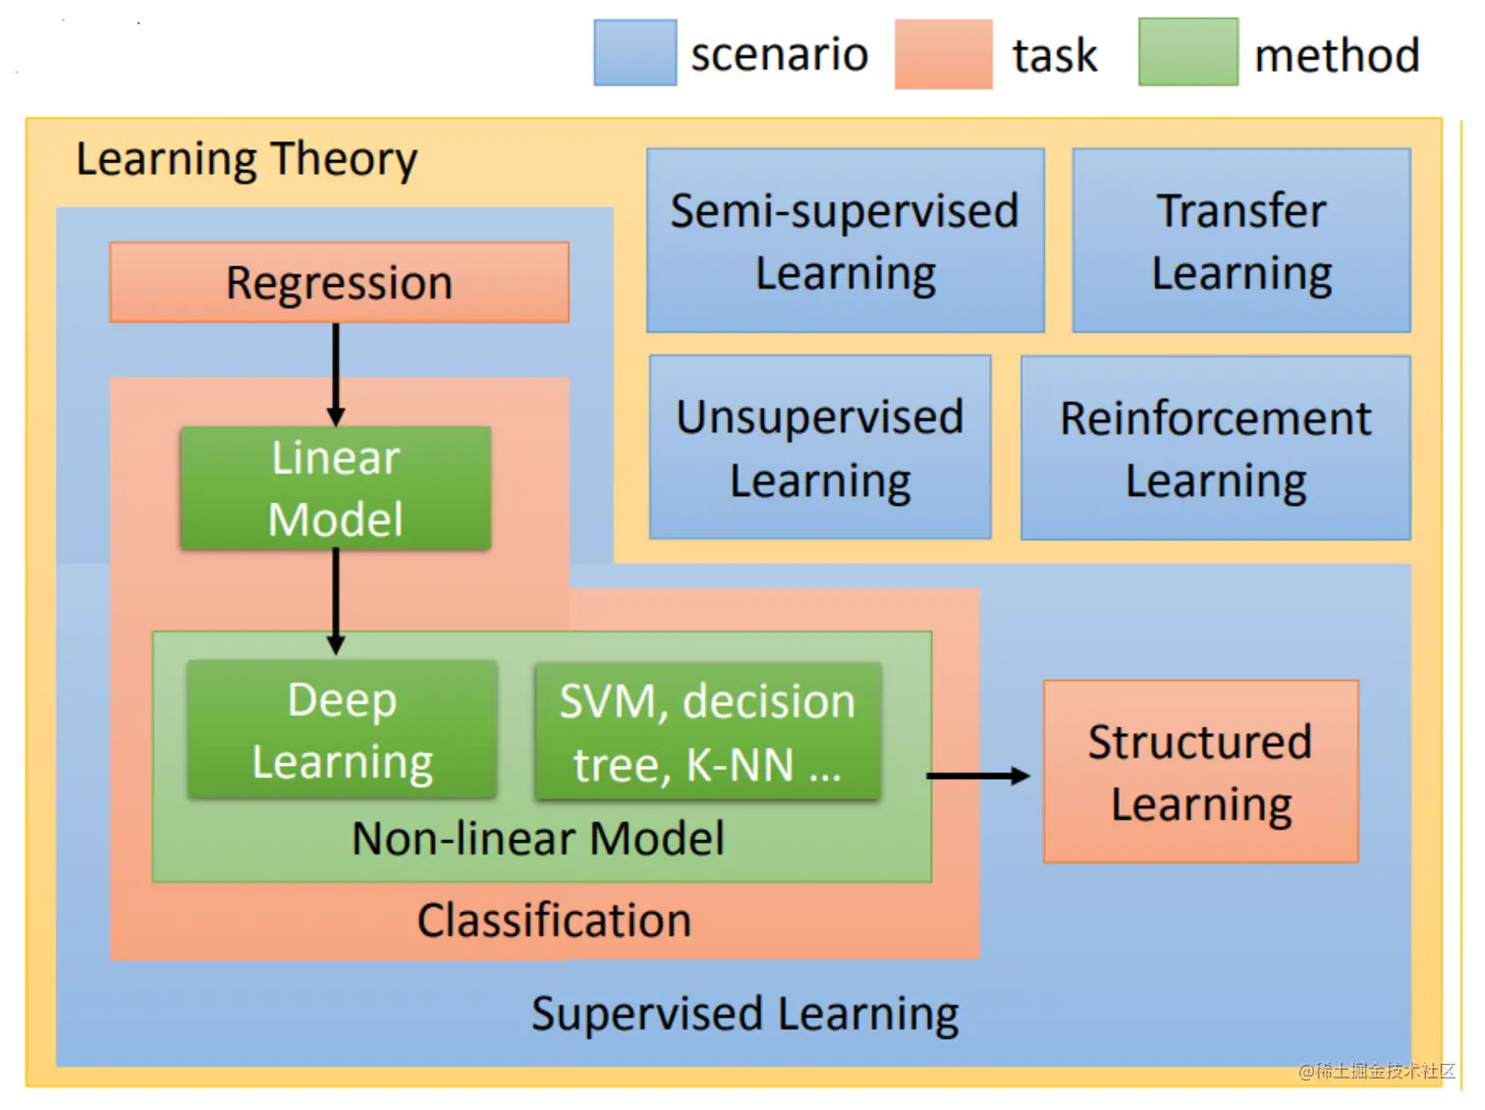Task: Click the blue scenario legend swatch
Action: click(634, 53)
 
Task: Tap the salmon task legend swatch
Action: click(943, 54)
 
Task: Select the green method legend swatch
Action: click(1187, 53)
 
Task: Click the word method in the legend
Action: click(1337, 55)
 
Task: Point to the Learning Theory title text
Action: click(247, 159)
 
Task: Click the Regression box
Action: click(339, 283)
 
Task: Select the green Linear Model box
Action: click(336, 488)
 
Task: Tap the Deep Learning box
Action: click(342, 730)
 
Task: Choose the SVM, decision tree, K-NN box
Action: click(707, 732)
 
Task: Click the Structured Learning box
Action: click(1200, 772)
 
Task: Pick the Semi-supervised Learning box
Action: click(845, 241)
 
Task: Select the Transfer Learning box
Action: click(1241, 241)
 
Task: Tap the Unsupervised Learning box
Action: click(820, 448)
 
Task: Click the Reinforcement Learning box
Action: click(1216, 448)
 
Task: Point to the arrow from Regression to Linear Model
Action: click(336, 373)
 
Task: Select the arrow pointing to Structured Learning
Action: click(977, 776)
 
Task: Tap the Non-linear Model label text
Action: click(538, 839)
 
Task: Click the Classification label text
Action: click(554, 921)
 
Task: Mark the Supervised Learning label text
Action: click(744, 1014)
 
